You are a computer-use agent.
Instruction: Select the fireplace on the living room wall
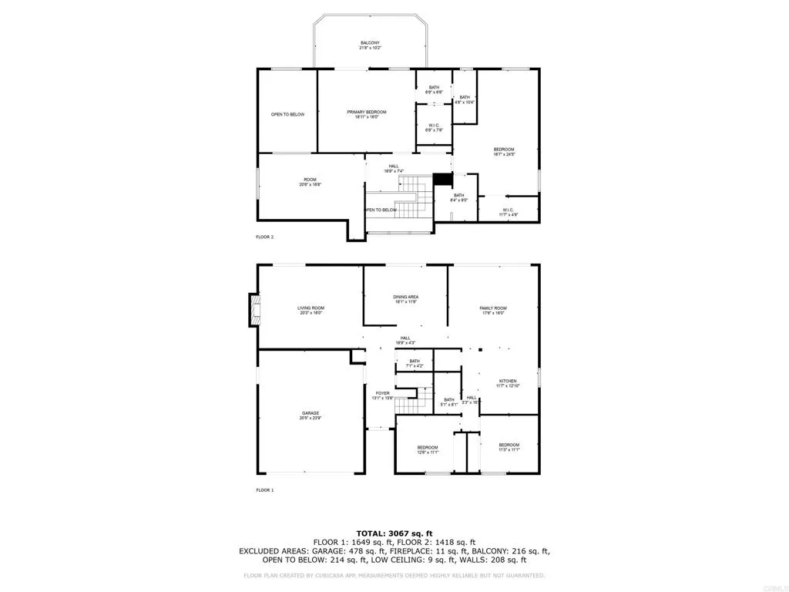tap(253, 310)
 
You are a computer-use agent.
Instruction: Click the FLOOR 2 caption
tap(265, 237)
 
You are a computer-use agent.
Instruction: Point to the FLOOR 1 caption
tap(265, 489)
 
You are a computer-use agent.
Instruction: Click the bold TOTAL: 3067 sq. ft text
tap(394, 533)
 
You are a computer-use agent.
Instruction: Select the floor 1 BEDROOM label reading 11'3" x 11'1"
tap(509, 447)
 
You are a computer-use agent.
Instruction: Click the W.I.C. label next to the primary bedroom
tap(434, 127)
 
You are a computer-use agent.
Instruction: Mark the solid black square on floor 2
tap(442, 179)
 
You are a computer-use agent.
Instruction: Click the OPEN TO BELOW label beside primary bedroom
tap(287, 115)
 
